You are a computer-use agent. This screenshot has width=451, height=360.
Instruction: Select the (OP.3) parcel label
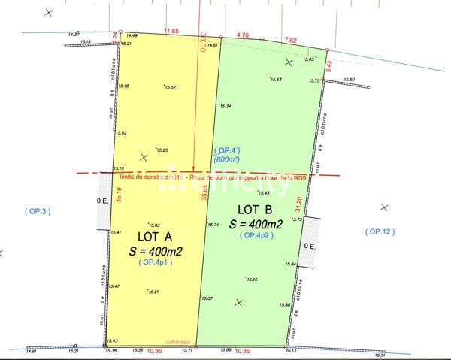pos(37,211)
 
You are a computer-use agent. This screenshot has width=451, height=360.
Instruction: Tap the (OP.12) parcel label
pos(379,231)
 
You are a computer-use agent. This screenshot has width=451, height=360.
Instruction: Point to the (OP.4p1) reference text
pos(156,262)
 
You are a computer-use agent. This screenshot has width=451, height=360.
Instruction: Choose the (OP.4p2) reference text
pos(256,236)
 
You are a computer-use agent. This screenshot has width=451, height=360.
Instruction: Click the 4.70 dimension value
pos(242,35)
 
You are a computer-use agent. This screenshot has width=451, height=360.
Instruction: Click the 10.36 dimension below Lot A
pos(155,351)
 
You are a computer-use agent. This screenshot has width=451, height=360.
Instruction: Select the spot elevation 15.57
pos(169,88)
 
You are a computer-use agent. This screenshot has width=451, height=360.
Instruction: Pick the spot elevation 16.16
pos(252,280)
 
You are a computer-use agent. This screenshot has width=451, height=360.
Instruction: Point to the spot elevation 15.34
pos(223,106)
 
